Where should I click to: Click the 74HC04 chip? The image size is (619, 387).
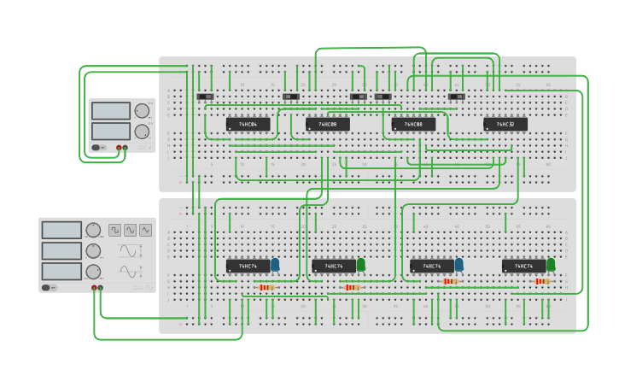click(x=248, y=125)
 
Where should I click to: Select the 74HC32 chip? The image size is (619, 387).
click(x=505, y=125)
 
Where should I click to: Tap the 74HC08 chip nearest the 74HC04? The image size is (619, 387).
click(x=327, y=125)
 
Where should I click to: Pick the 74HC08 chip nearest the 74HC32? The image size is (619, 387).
click(x=413, y=125)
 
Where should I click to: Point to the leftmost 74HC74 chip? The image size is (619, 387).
click(x=248, y=267)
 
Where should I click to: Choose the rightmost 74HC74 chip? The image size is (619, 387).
click(x=523, y=267)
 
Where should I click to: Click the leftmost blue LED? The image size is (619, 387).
click(x=275, y=265)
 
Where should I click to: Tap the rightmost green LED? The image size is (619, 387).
click(x=551, y=265)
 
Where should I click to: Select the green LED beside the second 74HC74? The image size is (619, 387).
click(x=360, y=265)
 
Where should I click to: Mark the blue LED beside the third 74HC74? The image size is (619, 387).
click(x=459, y=265)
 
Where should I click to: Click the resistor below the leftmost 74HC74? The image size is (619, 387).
click(x=267, y=287)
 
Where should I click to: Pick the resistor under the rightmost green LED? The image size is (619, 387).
click(x=541, y=281)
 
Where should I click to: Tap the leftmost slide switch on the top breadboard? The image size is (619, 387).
click(x=206, y=97)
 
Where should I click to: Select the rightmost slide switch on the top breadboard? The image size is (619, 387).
click(x=457, y=97)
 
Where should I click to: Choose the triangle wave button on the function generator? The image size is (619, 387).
click(x=146, y=230)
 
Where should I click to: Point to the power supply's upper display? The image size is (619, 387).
click(x=111, y=111)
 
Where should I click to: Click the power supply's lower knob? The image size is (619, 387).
click(x=142, y=132)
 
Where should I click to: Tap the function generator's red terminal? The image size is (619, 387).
click(x=94, y=289)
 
